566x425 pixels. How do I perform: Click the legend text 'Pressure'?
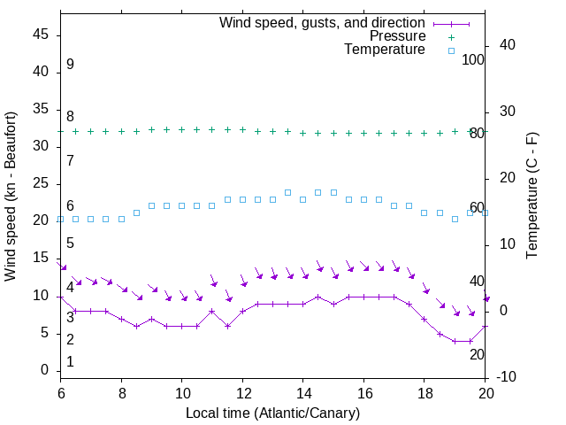pos(397,36)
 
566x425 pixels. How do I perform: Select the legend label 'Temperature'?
pos(385,50)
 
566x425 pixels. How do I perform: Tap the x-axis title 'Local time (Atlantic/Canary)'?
pos(273,413)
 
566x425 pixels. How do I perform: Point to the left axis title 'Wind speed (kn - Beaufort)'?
pos(11,196)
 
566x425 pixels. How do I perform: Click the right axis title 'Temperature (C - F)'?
pos(532,196)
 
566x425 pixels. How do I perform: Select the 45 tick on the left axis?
pos(41,35)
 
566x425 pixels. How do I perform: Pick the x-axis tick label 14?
pos(303,392)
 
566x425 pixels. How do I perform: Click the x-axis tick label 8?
pos(121,392)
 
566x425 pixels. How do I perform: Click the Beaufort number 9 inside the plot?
pos(70,65)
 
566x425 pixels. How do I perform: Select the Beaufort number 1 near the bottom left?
pos(70,362)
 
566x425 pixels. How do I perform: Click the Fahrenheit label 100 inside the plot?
pos(474,60)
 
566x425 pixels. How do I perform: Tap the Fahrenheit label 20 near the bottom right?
pos(477,354)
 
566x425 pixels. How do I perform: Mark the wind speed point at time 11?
pos(212,311)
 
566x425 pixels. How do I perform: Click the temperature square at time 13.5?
pos(288,192)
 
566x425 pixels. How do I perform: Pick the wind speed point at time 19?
pos(455,341)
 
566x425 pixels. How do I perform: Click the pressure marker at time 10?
pos(182,129)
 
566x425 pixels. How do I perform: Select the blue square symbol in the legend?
pos(451,50)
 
